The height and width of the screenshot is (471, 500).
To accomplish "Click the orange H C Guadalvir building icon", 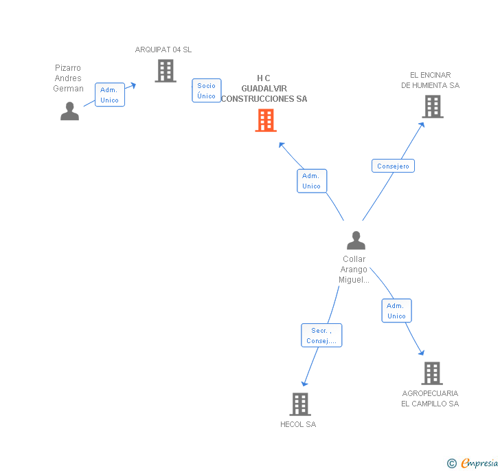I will point(266,120).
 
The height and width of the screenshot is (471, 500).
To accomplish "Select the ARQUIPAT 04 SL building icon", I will point(165,71).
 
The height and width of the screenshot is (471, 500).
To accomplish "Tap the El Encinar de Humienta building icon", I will point(432,107).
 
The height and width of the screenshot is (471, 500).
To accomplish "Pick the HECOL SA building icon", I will point(300,404).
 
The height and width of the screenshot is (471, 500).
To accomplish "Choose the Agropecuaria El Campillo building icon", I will point(431,373).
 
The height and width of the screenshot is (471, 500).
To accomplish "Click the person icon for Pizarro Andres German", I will point(69,111).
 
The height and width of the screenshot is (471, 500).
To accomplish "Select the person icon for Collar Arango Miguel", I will point(356,240).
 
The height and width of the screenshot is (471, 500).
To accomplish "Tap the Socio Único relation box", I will point(206,91).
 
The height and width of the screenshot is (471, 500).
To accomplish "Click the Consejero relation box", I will point(393,166).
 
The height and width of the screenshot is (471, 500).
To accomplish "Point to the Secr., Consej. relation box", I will point(321,336).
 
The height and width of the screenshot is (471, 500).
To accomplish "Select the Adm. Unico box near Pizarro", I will point(109,95).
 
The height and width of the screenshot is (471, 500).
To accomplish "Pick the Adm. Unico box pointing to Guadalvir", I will point(311,181).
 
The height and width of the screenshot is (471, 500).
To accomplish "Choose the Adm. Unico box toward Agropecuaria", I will point(396,311).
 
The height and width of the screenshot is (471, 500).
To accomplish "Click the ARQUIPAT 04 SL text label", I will point(163,50).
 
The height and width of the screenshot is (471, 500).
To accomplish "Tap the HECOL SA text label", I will point(298,424).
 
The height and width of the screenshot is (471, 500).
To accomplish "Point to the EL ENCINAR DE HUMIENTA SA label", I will point(431,80).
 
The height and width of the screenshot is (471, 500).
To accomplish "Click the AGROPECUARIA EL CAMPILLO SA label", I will point(430,399).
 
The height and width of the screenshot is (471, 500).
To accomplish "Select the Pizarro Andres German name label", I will point(68,78).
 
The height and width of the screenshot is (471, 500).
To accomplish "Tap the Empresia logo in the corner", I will point(473,463).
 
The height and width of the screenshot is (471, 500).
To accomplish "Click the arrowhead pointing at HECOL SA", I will point(304,383).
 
